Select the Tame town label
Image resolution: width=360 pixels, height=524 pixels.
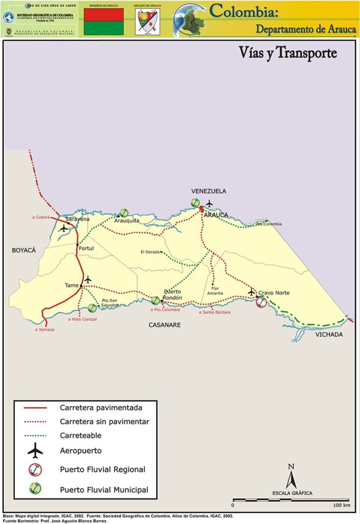[x=71, y=285]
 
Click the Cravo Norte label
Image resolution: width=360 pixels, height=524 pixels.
[x=274, y=293]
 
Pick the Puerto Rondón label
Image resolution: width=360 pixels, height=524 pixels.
[x=173, y=295]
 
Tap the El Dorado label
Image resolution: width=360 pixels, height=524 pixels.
[x=150, y=252]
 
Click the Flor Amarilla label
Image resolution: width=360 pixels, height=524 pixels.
[x=215, y=291]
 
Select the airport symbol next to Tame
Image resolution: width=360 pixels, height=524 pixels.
[x=88, y=279]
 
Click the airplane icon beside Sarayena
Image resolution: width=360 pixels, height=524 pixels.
[x=63, y=228]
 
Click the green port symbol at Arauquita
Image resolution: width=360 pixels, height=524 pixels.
[x=123, y=212]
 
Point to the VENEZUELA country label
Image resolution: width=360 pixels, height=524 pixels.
[x=208, y=191]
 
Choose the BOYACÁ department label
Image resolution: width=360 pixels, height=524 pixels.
[x=24, y=250]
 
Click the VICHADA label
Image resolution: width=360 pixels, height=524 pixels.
[x=329, y=335]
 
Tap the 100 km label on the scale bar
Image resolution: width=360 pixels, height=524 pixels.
[x=341, y=506]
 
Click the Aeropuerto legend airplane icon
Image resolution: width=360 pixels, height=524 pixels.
[x=35, y=451]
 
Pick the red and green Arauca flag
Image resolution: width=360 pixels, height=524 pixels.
[x=103, y=21]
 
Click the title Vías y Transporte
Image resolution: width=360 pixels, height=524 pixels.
[x=288, y=53]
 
